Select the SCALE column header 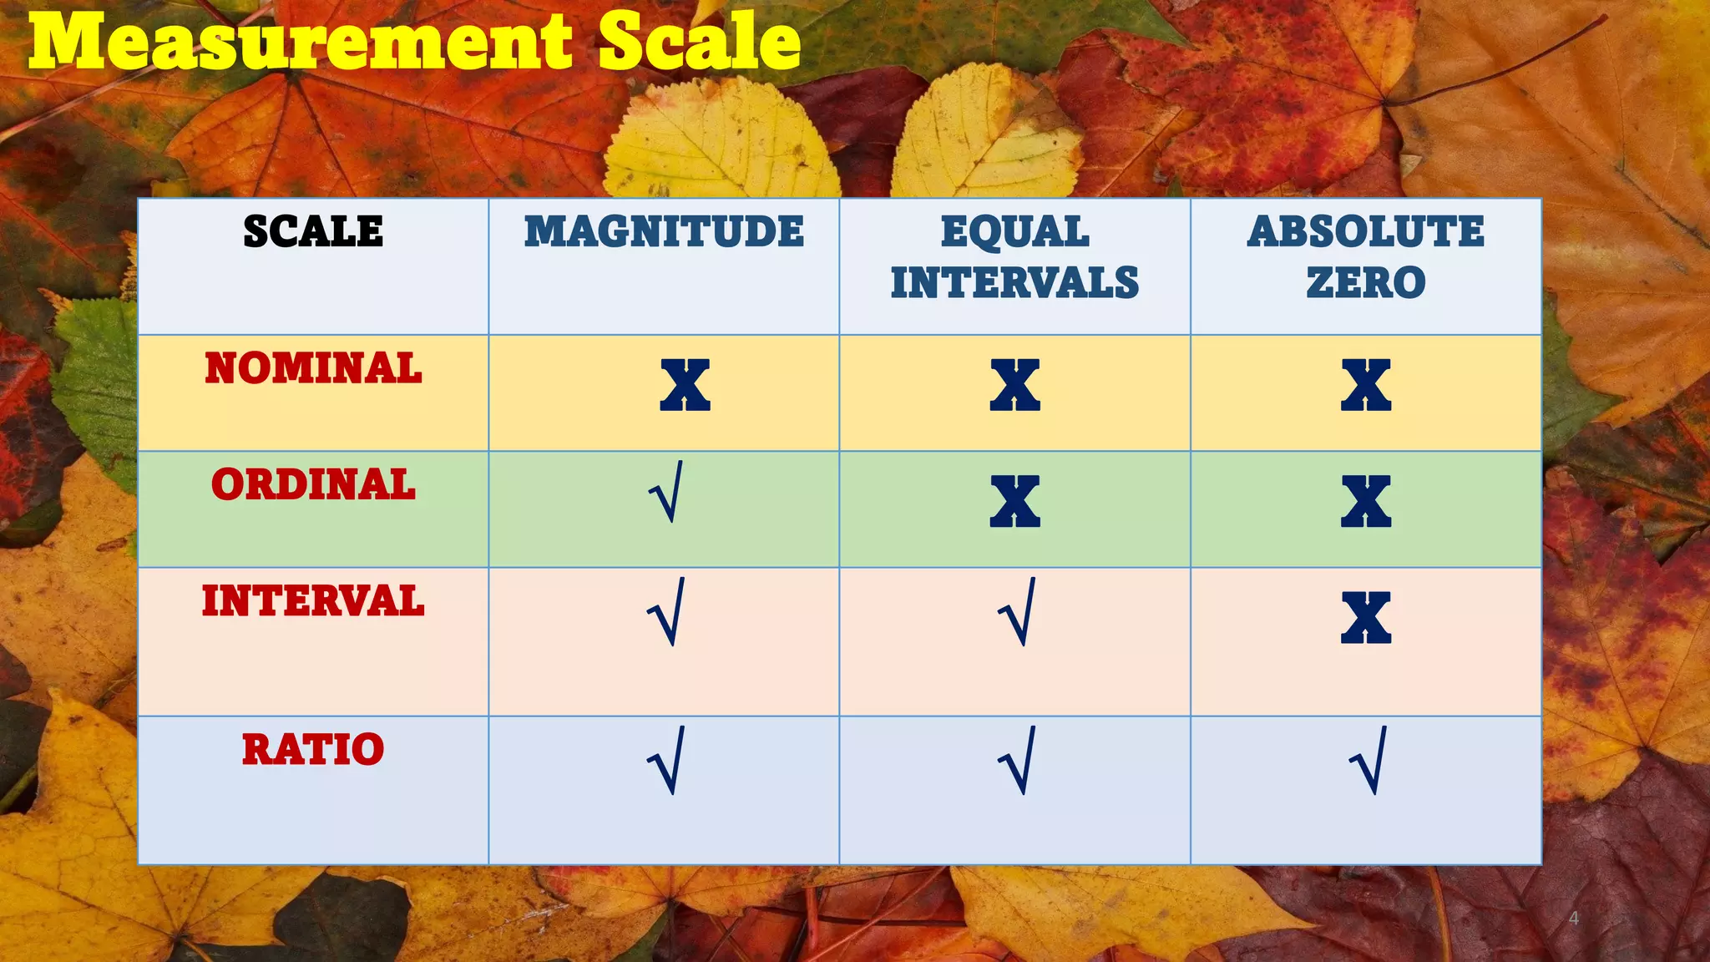(x=313, y=231)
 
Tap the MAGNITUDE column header (x=664, y=231)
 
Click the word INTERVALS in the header (x=1014, y=282)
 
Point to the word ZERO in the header (x=1366, y=282)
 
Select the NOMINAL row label (x=313, y=368)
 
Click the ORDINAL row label (x=313, y=484)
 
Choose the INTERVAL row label (x=313, y=601)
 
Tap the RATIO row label (x=313, y=749)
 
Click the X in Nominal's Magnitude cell (x=685, y=385)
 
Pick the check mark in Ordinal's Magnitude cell (x=666, y=493)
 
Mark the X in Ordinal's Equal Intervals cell (x=1014, y=501)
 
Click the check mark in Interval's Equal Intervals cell (x=1018, y=612)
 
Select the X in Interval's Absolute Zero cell (x=1366, y=618)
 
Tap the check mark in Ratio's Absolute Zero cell (x=1369, y=761)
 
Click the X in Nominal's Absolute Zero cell (x=1366, y=385)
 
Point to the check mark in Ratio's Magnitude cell (x=666, y=761)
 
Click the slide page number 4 (x=1574, y=919)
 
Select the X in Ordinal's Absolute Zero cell (x=1366, y=501)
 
